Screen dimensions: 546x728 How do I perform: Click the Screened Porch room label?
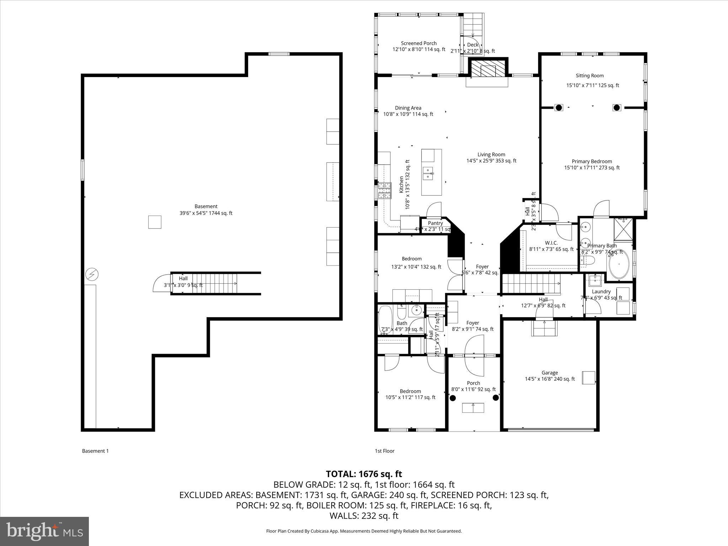coord(419,43)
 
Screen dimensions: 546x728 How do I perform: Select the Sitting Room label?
coord(590,76)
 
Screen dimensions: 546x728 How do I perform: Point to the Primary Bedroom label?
coord(591,161)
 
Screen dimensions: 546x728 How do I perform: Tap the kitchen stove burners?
coord(384,190)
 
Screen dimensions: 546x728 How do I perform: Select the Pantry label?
coord(435,223)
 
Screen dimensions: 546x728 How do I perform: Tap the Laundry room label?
coord(601,291)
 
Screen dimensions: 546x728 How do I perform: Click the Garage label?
coord(550,373)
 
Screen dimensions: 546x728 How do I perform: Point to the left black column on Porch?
coord(453,398)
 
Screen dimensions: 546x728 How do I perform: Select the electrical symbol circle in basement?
coord(92,274)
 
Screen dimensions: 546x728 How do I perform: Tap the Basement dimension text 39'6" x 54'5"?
coord(206,213)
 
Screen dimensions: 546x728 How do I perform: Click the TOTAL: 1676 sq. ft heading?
coord(364,474)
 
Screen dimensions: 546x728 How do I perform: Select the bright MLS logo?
coord(44,531)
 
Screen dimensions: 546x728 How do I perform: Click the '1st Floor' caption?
coord(385,451)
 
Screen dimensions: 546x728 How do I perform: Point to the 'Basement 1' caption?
coord(95,451)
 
